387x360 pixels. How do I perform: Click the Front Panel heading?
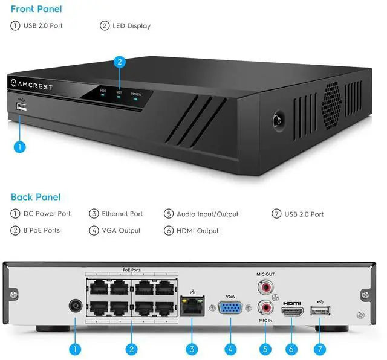(x=36, y=9)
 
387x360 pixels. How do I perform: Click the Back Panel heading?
(x=35, y=197)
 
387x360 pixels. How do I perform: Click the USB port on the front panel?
(x=22, y=108)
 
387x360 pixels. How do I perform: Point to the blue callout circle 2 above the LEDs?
(x=120, y=61)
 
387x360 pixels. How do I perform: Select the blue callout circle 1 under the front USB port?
(x=19, y=146)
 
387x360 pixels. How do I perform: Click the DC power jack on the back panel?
(x=75, y=305)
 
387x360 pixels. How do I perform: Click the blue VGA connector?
(x=230, y=309)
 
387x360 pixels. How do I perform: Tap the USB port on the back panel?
(x=319, y=310)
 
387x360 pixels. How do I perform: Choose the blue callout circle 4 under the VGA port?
(x=230, y=349)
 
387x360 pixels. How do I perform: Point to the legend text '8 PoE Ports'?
(x=42, y=231)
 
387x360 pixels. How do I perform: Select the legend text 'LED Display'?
(x=131, y=26)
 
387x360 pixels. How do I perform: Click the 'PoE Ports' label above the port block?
(x=131, y=271)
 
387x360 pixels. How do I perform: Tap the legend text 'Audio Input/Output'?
(x=207, y=214)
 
